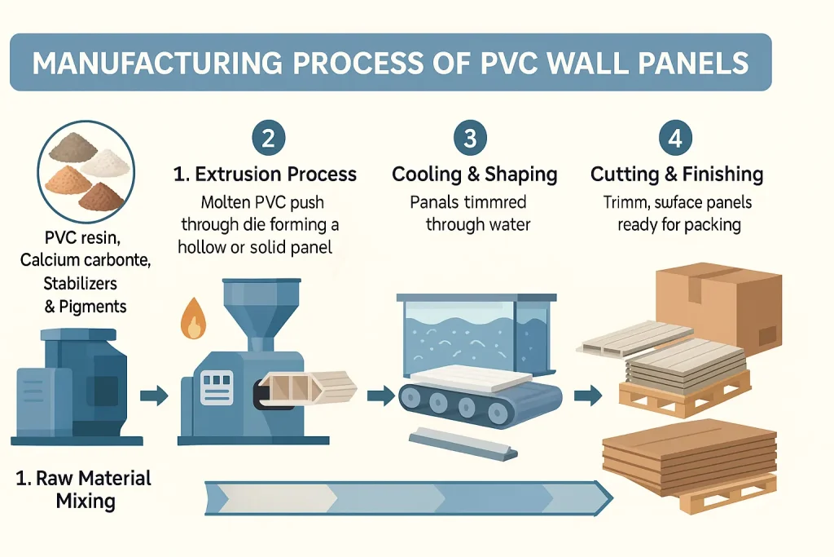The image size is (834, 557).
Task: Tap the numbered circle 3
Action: click(469, 138)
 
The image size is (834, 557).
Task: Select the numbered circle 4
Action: click(674, 138)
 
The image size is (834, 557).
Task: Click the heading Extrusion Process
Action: click(265, 174)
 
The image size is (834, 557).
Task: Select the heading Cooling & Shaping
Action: click(474, 174)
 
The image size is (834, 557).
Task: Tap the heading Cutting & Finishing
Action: click(676, 174)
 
